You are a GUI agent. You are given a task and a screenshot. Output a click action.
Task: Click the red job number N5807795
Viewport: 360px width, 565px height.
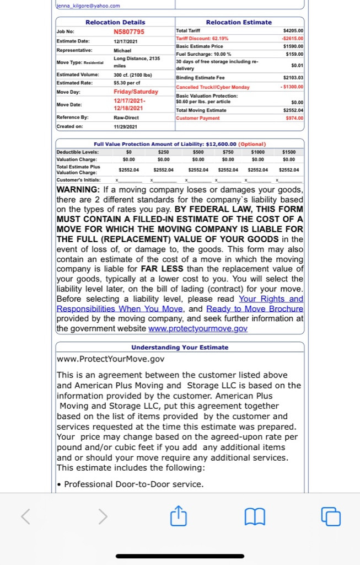tap(128, 31)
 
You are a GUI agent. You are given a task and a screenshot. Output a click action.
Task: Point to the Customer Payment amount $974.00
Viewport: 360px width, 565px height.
tap(293, 118)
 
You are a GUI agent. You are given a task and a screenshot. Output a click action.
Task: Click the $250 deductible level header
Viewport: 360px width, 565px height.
tap(163, 151)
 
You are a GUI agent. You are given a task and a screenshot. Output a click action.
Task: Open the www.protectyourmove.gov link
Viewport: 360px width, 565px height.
tap(198, 328)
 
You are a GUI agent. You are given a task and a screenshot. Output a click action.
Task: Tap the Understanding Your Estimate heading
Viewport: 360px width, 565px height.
tap(180, 347)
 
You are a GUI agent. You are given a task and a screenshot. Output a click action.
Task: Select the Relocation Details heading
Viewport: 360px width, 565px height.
tap(115, 22)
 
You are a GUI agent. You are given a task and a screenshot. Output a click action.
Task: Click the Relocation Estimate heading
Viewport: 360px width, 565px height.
tap(239, 22)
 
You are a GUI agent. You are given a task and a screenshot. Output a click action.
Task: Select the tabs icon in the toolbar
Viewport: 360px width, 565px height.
tap(331, 517)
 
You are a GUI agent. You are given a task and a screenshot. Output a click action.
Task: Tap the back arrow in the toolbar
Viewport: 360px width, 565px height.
tap(26, 517)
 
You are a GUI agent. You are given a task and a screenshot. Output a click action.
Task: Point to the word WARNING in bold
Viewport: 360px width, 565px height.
tap(84, 189)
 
